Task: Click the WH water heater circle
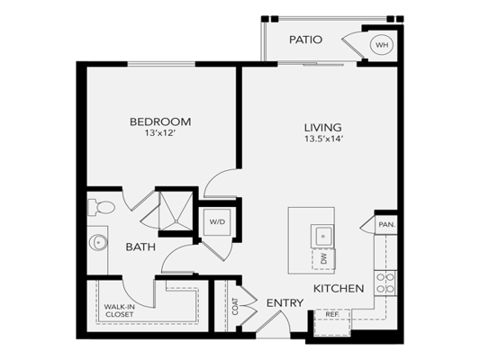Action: [382, 45]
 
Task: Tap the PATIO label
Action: [305, 40]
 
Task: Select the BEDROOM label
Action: [160, 121]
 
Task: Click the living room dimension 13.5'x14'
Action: [322, 139]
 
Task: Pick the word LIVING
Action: [322, 127]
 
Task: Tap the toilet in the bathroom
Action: [102, 207]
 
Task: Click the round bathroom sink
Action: [98, 242]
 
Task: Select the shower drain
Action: [176, 220]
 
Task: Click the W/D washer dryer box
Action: [217, 222]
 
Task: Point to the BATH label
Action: [140, 247]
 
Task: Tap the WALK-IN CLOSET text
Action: [119, 310]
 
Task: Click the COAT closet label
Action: [235, 307]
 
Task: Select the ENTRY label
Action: [285, 302]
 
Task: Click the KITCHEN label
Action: [339, 288]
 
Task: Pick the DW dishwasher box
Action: [323, 259]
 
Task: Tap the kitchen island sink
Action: [322, 236]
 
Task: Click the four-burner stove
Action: [385, 283]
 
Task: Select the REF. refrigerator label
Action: [331, 314]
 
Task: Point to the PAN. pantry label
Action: [387, 224]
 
